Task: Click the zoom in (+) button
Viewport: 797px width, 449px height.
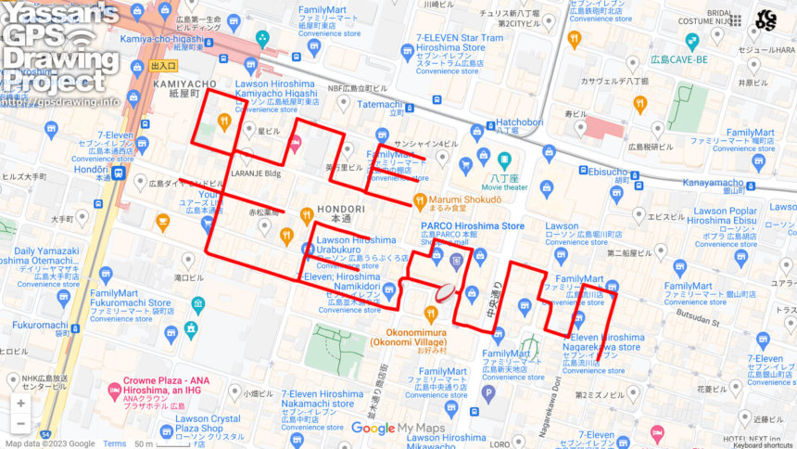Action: pyautogui.click(x=20, y=404)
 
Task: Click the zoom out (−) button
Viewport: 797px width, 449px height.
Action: pyautogui.click(x=20, y=424)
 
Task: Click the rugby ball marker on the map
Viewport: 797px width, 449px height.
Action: pyautogui.click(x=447, y=291)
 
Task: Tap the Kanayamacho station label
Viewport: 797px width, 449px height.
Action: pyautogui.click(x=715, y=183)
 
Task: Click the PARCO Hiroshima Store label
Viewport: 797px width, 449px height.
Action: pyautogui.click(x=473, y=225)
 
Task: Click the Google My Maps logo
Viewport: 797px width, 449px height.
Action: pyautogui.click(x=398, y=429)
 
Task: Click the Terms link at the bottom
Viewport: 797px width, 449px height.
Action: pyautogui.click(x=115, y=443)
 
